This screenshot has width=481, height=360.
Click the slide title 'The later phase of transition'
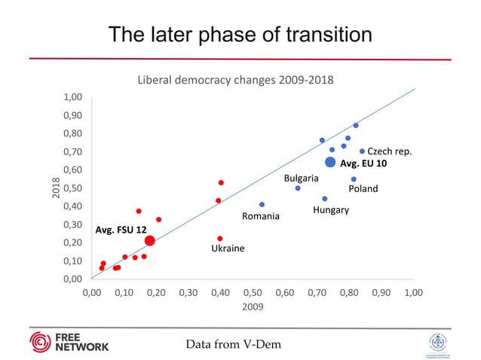(240, 35)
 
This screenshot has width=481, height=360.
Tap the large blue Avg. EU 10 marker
(330, 162)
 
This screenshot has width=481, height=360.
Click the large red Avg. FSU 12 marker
(150, 241)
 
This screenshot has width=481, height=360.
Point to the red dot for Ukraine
(220, 239)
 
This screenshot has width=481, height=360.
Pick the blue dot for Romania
(262, 205)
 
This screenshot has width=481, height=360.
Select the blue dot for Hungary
(325, 199)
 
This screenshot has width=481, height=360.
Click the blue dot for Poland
(354, 179)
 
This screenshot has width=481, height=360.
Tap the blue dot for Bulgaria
(298, 188)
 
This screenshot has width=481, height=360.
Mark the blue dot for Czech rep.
(362, 151)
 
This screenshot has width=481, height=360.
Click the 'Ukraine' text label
(228, 248)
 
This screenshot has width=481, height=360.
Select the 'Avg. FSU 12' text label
(121, 229)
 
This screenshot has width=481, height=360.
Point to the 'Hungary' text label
(331, 210)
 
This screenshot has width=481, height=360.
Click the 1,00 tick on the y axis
(72, 97)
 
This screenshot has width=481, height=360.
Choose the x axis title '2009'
(252, 307)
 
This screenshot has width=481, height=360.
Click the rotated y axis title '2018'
(55, 189)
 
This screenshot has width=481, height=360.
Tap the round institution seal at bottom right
(437, 343)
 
